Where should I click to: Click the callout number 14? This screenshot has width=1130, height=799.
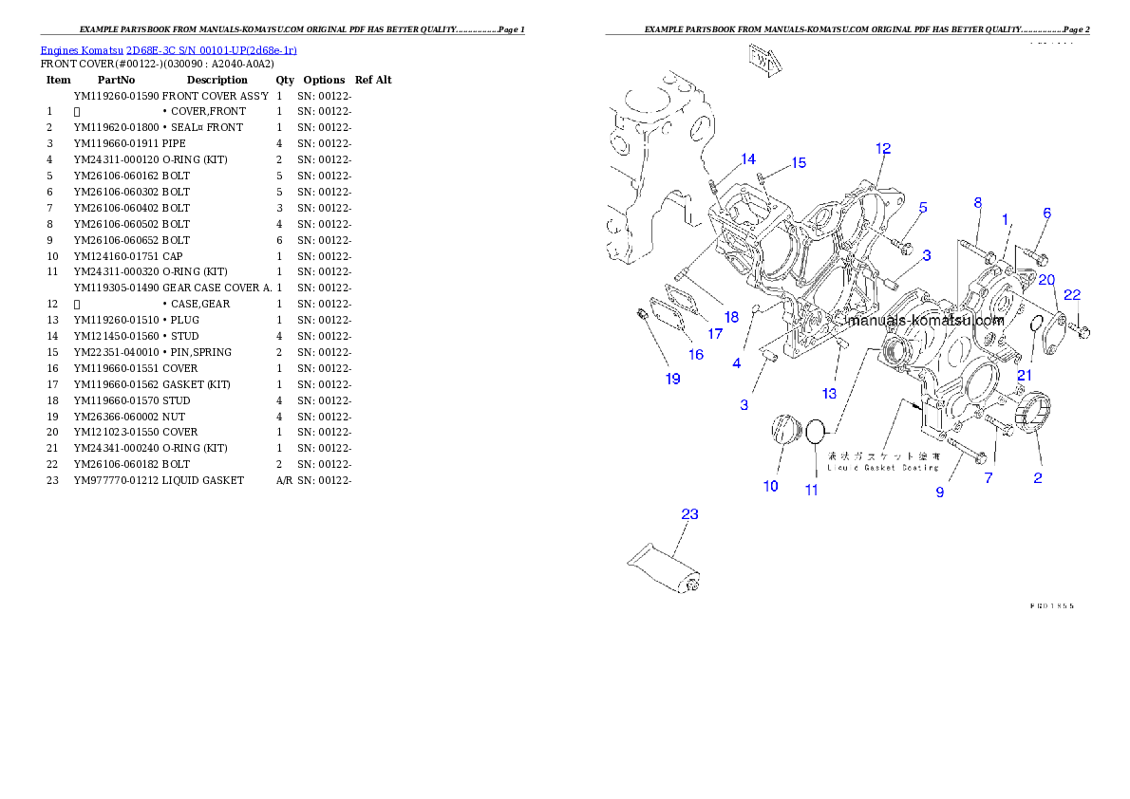click(748, 159)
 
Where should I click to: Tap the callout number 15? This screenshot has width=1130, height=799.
click(799, 162)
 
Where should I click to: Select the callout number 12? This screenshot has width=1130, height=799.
click(883, 148)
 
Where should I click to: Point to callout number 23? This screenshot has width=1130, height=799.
click(689, 514)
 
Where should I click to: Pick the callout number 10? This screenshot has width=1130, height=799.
click(770, 486)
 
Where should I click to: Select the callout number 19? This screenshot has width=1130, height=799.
click(672, 379)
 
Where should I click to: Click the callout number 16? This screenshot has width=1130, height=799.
click(696, 354)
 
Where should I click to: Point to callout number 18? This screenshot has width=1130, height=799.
click(730, 317)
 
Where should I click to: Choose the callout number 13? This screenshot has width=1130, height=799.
click(829, 393)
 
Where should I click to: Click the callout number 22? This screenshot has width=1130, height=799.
click(1071, 295)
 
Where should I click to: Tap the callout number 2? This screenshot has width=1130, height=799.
click(1037, 477)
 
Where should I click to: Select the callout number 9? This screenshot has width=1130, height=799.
click(940, 492)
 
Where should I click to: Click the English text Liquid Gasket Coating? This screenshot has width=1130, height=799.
click(882, 467)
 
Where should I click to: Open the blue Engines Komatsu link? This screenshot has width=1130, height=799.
click(168, 50)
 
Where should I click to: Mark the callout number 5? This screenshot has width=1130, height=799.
click(922, 207)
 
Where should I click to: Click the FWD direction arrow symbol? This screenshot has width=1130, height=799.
click(764, 59)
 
